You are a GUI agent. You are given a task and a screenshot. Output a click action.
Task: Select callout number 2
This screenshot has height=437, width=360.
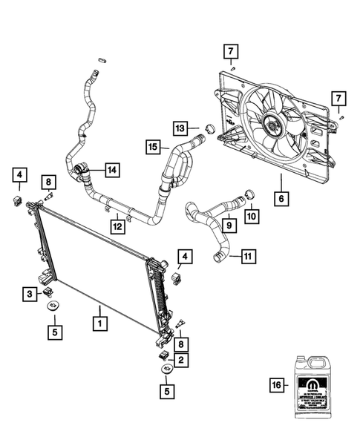click(180, 360)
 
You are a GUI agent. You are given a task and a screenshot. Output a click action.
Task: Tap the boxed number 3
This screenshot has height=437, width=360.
click(28, 295)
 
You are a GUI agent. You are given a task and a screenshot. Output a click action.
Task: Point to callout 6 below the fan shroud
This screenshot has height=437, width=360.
click(281, 198)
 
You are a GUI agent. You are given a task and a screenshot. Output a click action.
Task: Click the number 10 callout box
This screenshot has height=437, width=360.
click(252, 216)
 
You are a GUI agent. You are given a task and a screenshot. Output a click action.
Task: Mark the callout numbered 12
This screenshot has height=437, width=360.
click(117, 223)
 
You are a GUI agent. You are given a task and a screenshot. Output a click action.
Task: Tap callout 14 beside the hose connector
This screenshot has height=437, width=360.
click(111, 170)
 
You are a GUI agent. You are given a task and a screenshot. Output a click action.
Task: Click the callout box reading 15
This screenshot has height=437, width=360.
click(151, 148)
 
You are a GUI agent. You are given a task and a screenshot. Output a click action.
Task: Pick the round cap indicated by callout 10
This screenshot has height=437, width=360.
click(249, 196)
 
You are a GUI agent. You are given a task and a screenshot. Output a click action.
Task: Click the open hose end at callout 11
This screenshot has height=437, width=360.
click(217, 257)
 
